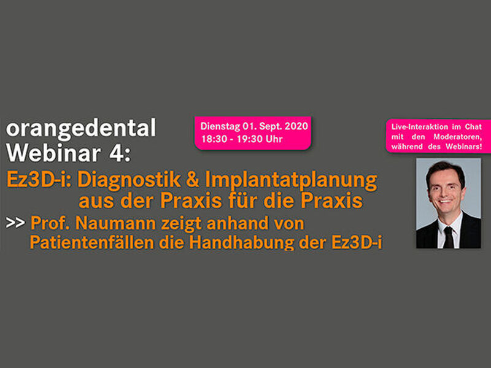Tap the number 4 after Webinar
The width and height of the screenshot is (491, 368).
click(x=116, y=153)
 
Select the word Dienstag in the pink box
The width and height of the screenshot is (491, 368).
click(x=220, y=126)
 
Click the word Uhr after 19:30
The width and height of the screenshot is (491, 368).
click(x=274, y=139)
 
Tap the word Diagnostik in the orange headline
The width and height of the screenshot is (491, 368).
click(x=129, y=180)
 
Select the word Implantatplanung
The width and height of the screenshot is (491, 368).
click(x=291, y=181)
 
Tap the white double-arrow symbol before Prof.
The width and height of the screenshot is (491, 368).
click(x=15, y=223)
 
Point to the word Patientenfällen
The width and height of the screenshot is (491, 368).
click(x=92, y=242)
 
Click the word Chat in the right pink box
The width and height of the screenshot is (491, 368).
click(x=473, y=127)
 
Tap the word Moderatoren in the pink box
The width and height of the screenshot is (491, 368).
click(x=457, y=137)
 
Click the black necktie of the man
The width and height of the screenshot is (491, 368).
click(x=449, y=237)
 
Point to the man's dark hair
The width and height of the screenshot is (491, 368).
click(x=444, y=171)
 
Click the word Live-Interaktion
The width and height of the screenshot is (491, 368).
click(x=416, y=127)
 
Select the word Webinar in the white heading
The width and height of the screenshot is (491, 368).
click(x=53, y=153)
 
